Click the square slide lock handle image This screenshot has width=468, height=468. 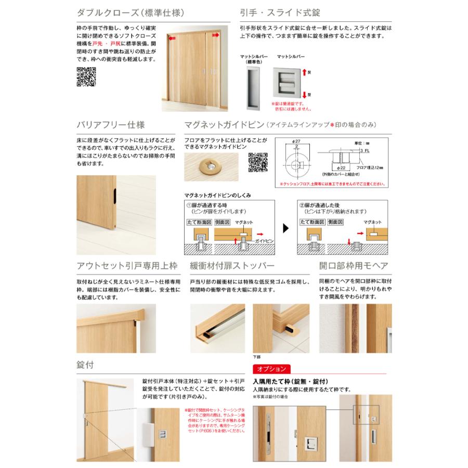coord(289,81)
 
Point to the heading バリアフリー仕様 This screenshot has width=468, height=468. coord(110,125)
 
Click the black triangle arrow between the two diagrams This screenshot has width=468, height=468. coord(285,227)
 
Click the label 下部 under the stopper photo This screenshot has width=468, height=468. coord(255,357)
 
